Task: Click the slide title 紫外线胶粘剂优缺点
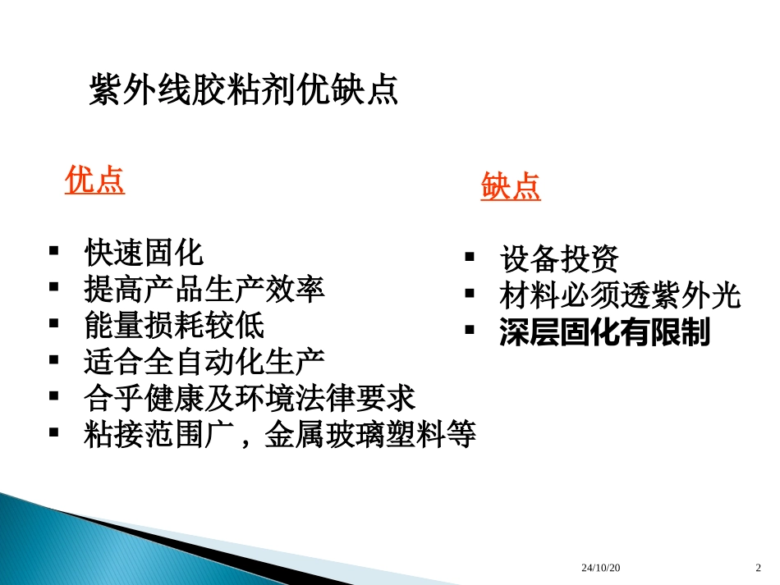pos(243,90)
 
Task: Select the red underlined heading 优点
pos(94,181)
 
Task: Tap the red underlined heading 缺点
pos(511,187)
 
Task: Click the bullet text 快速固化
pos(144,253)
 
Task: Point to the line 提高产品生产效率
pos(204,289)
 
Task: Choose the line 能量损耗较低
pos(174,326)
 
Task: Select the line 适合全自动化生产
pos(204,362)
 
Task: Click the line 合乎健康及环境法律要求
pos(250,399)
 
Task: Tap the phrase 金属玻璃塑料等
pos(369,435)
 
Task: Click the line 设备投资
pos(559,259)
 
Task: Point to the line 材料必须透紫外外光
pos(620,295)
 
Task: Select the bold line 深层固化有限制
pos(604,332)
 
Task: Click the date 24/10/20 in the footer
pos(601,568)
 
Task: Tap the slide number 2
pos(758,568)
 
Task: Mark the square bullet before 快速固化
pos(55,251)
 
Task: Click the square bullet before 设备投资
pos(470,258)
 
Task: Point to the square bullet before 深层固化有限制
pos(470,331)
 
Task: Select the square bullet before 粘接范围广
pos(55,433)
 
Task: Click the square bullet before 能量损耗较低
pos(55,324)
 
